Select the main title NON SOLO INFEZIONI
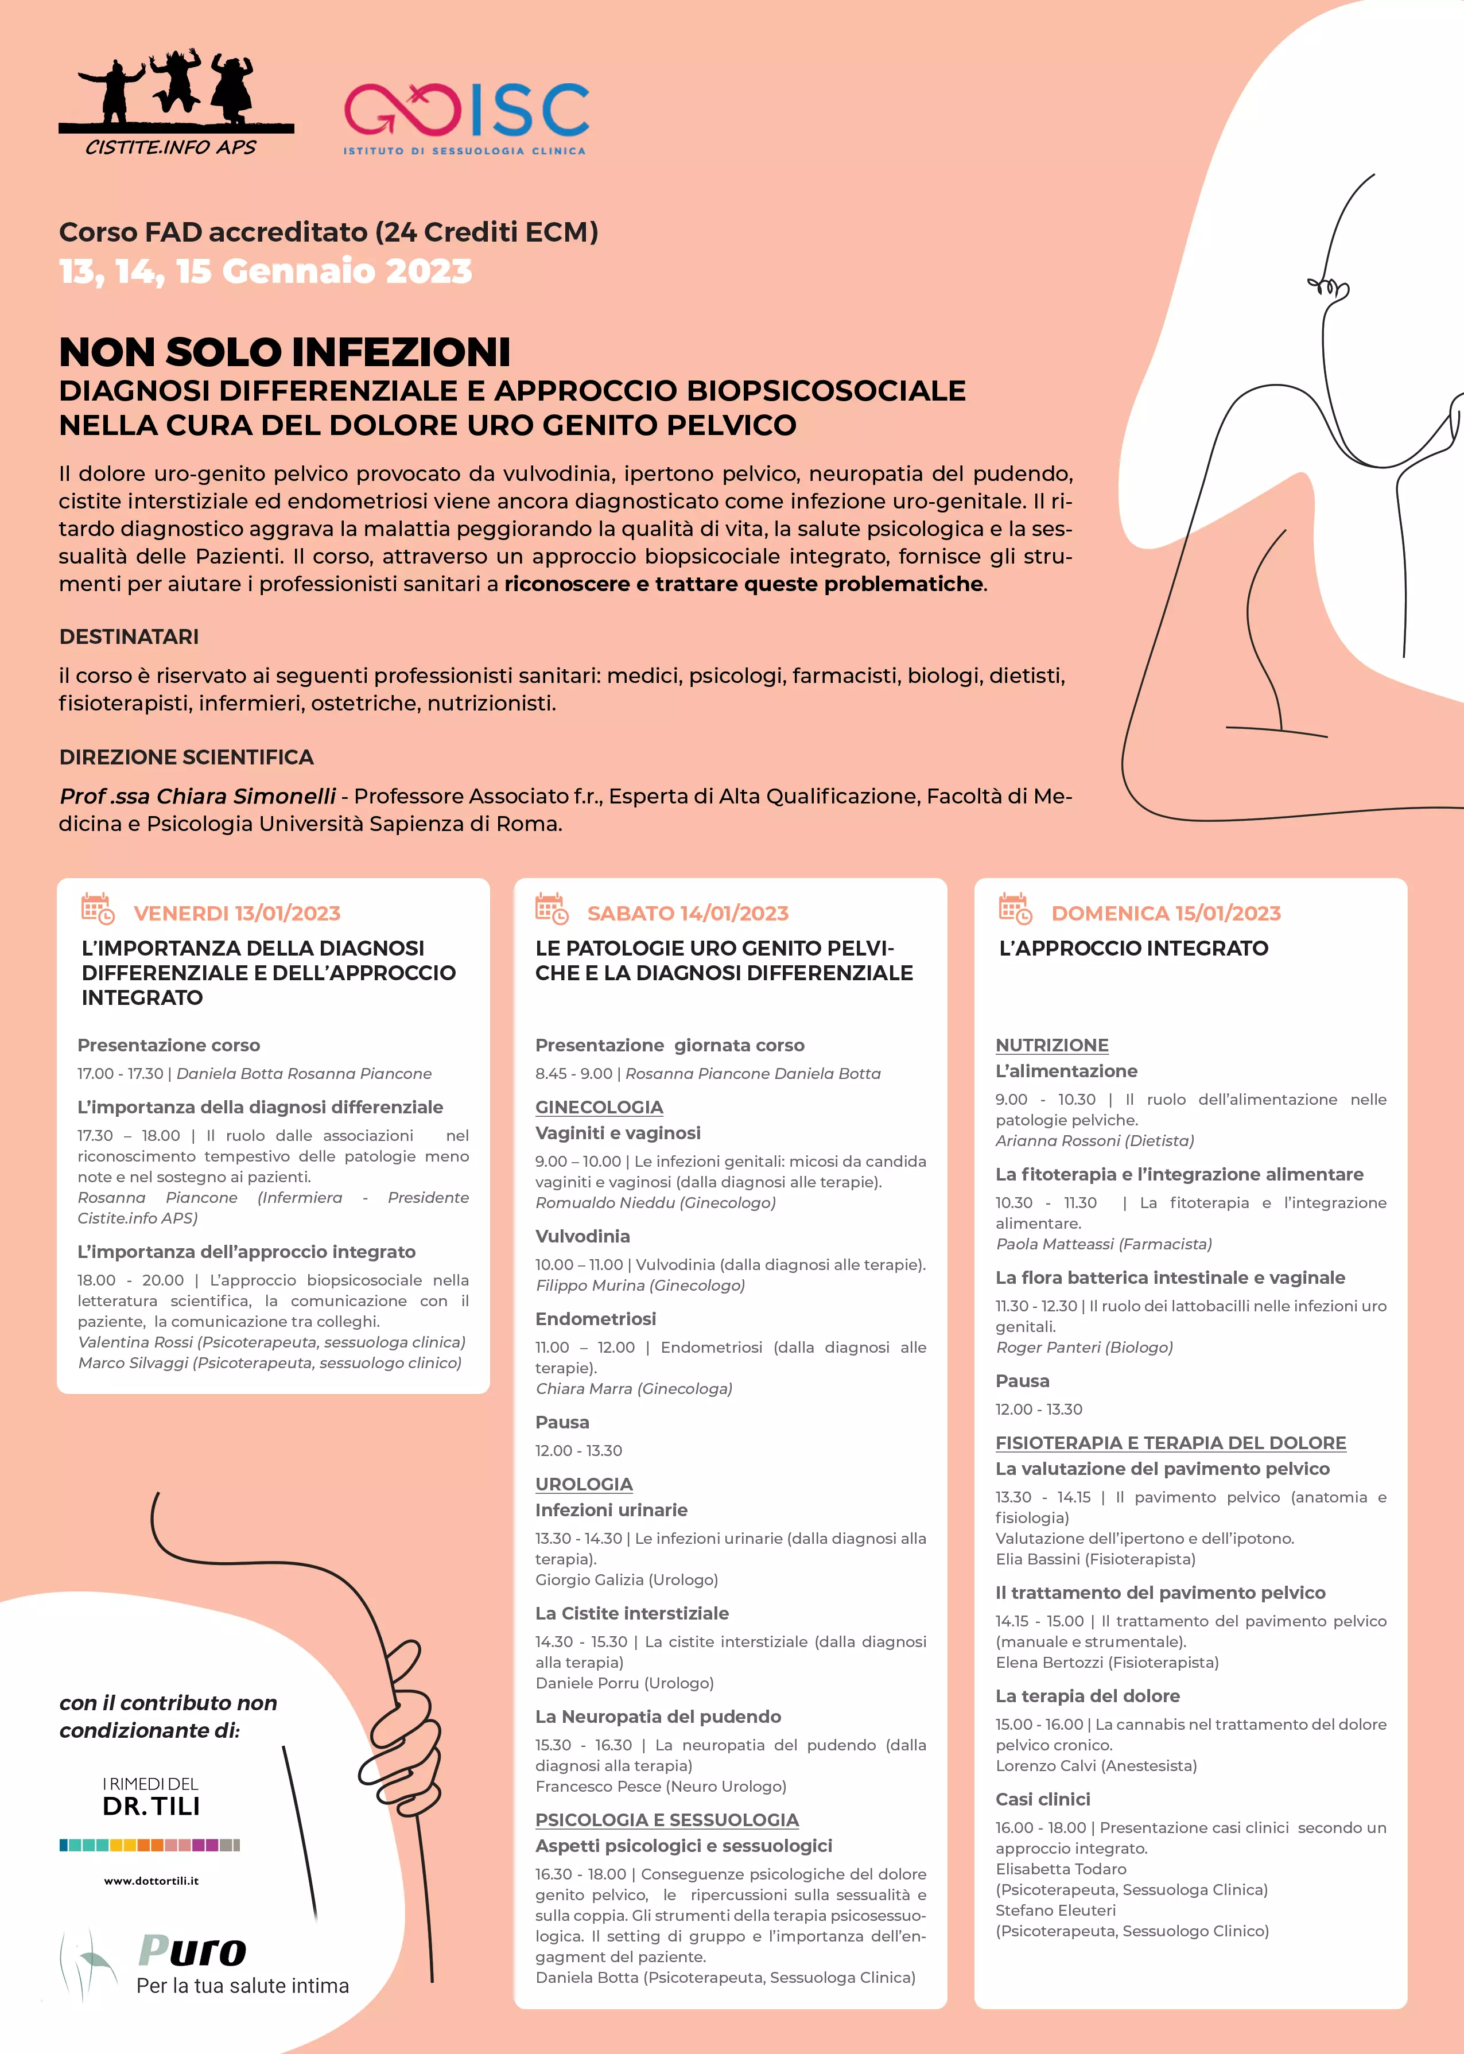click(285, 352)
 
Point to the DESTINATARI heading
click(129, 636)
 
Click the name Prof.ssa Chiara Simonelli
click(197, 796)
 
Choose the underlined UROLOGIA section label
click(584, 1484)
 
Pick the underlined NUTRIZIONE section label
click(1051, 1045)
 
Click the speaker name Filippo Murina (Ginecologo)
click(640, 1285)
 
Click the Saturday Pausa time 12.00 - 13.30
click(578, 1450)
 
